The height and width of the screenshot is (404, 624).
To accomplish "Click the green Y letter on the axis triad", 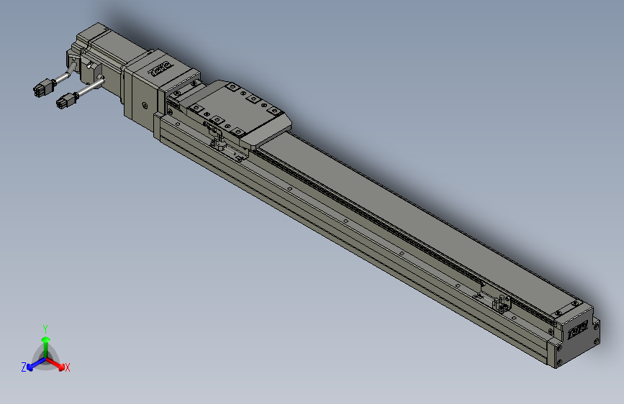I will pos(45,328).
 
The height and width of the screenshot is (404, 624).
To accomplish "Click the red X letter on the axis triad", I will pos(68,368).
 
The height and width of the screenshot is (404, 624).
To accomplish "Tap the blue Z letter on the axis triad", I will pos(23,367).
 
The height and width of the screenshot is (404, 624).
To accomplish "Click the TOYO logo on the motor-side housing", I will pos(158,68).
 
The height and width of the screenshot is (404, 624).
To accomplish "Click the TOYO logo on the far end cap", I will pos(577,331).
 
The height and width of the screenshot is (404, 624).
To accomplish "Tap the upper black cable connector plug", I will pos(42,90).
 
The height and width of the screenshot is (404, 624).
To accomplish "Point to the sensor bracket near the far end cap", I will pos(501,303).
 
